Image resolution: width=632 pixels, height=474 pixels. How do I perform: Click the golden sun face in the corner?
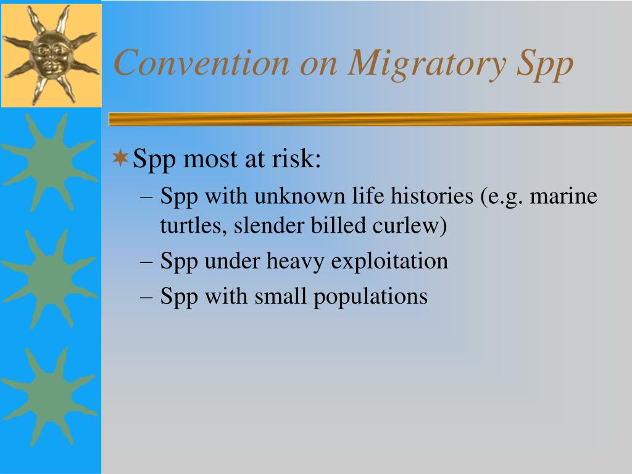[x=51, y=55]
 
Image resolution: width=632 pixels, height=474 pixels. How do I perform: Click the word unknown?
[x=300, y=196]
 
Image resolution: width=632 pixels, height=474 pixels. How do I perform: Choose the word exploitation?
[x=389, y=261]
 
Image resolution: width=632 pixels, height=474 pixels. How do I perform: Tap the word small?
[x=281, y=296]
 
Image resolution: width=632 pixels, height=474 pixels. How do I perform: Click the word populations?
[x=370, y=297]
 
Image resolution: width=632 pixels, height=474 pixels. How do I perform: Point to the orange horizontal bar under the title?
[x=370, y=119]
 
